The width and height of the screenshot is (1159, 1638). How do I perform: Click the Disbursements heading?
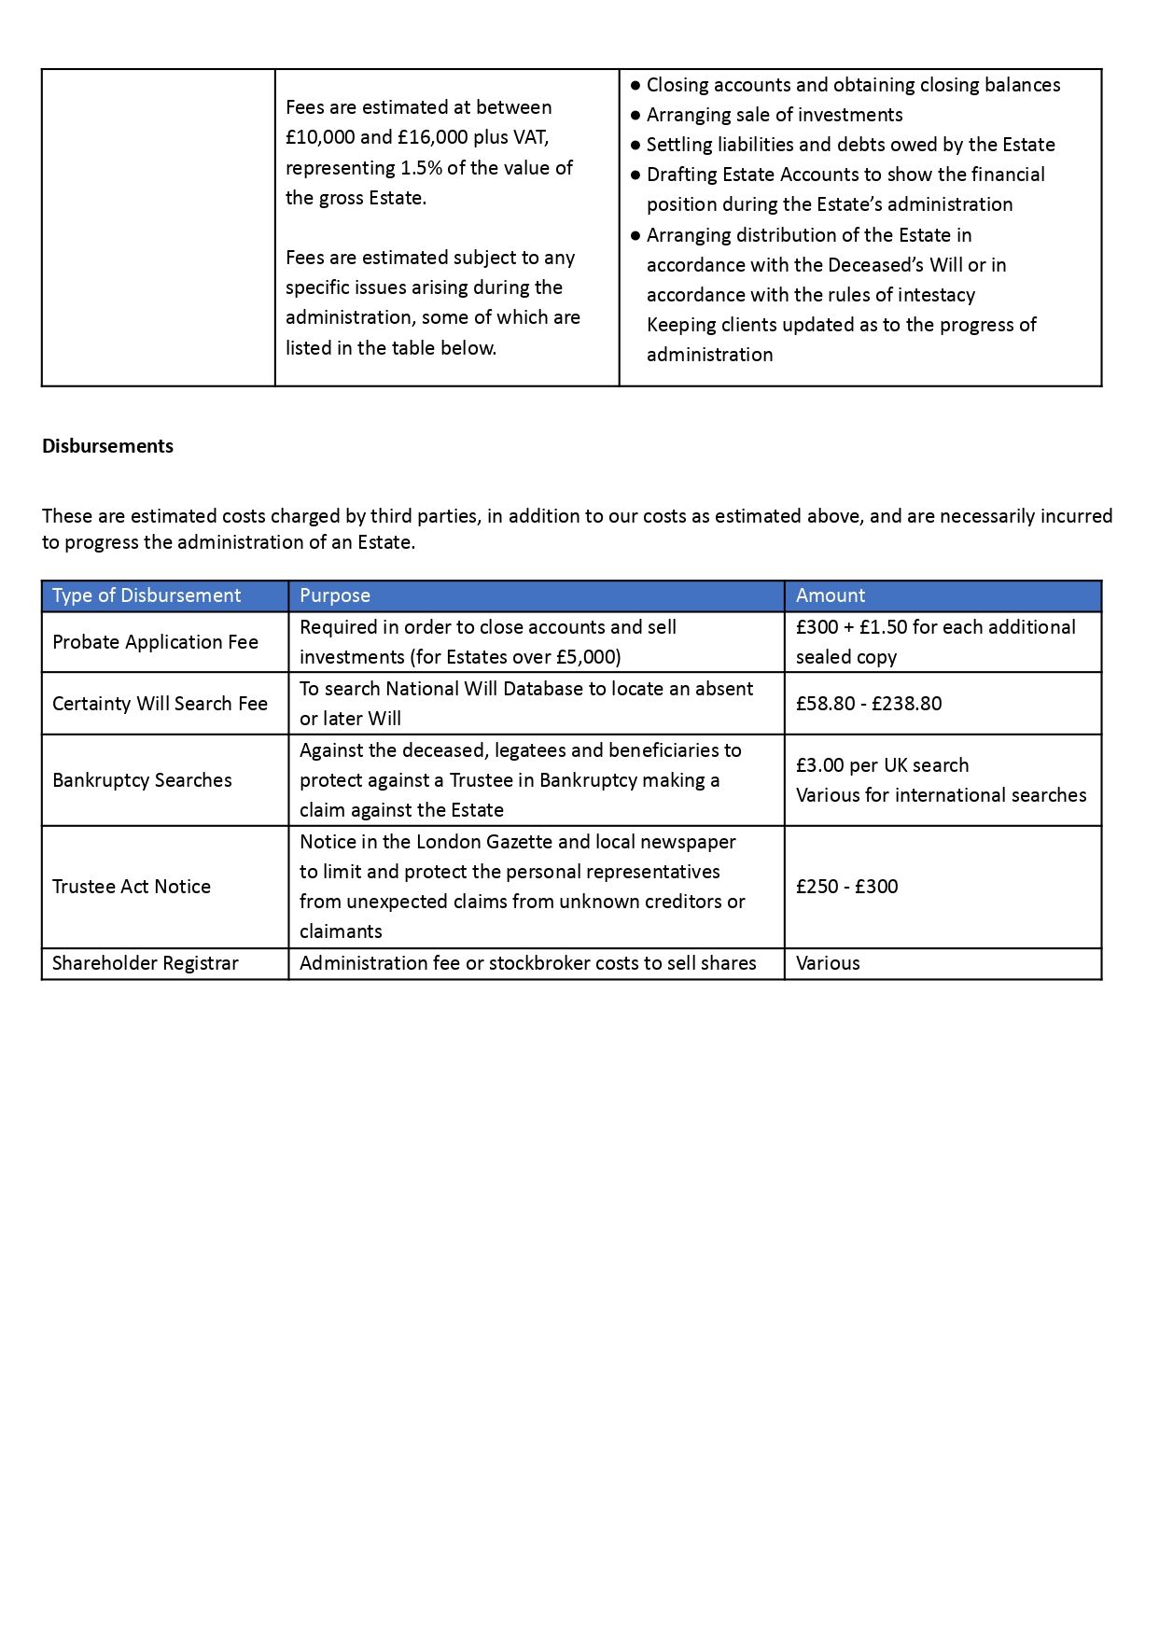pos(107,446)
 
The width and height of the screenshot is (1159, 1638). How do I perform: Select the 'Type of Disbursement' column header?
pos(147,595)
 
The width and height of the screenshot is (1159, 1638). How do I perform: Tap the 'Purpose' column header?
pos(335,595)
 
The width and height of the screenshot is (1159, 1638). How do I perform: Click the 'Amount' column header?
pos(831,595)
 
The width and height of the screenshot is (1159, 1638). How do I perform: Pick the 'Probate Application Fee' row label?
pos(155,642)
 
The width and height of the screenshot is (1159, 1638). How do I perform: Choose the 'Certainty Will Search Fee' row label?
pos(160,704)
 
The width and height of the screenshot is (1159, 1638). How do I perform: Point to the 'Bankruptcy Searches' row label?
pos(142,780)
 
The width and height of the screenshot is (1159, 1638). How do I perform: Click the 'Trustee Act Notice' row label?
pos(132,887)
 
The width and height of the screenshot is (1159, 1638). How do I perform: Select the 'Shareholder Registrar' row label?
pos(146,963)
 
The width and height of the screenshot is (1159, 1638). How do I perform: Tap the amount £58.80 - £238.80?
pos(869,704)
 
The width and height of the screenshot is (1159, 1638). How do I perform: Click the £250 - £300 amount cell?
pos(846,887)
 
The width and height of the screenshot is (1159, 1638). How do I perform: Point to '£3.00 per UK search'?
pos(882,765)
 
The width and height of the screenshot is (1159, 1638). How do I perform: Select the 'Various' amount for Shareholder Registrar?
pos(828,963)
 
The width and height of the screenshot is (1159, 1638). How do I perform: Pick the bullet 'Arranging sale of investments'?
pos(775,115)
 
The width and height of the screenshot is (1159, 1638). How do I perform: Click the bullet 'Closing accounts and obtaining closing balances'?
pos(853,85)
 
